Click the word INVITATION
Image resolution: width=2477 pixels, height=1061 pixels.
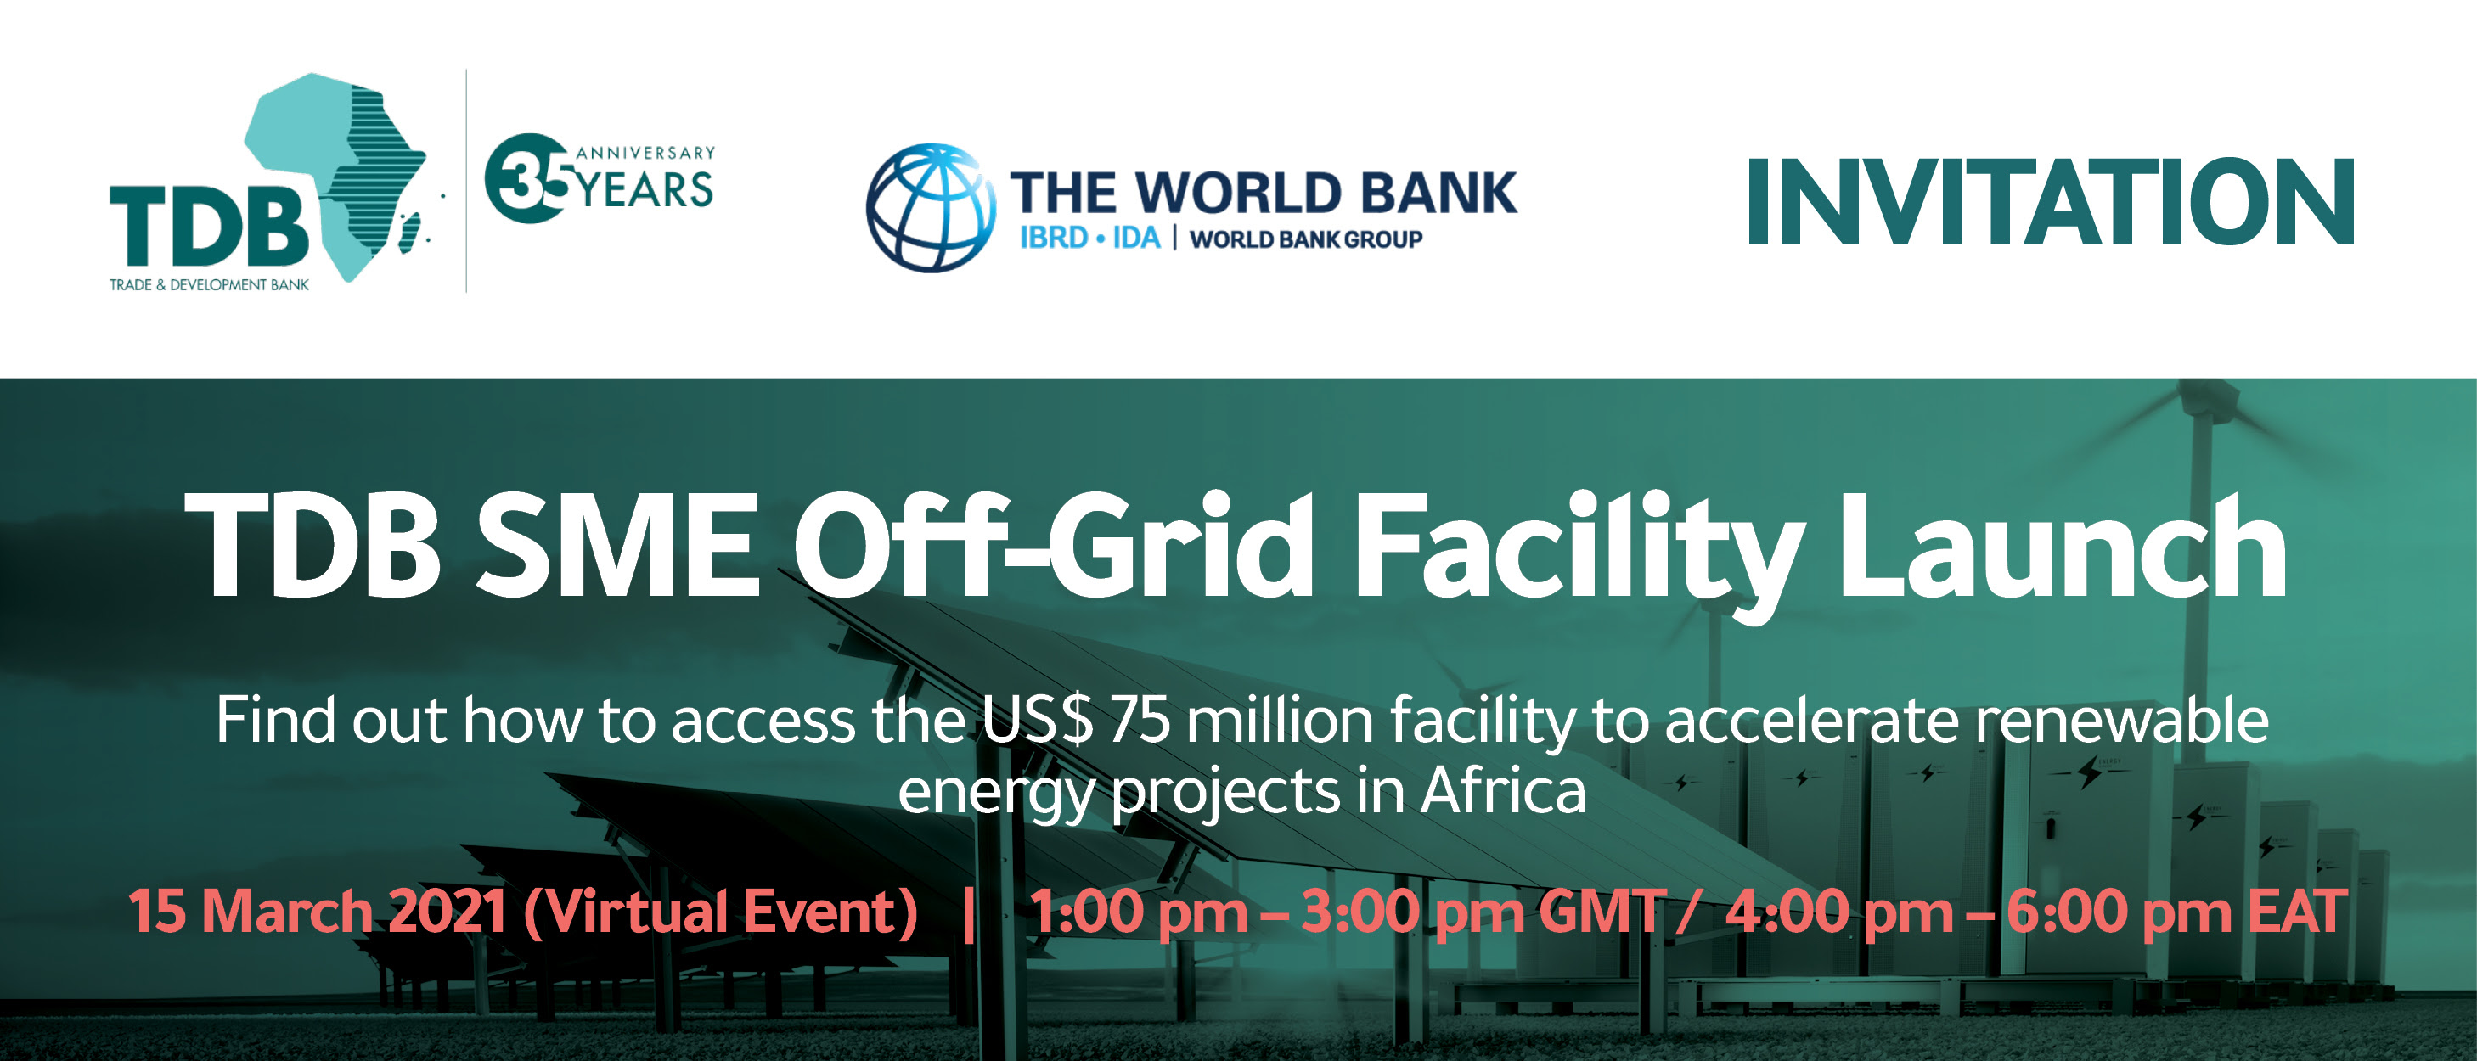click(2050, 201)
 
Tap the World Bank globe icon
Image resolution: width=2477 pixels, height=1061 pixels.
click(931, 208)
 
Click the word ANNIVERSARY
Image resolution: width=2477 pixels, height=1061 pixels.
click(645, 153)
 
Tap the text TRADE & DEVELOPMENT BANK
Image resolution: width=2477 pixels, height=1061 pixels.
click(209, 284)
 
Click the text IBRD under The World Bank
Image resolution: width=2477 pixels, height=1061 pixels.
click(1054, 238)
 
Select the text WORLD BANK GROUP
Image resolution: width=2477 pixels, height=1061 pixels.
click(1306, 239)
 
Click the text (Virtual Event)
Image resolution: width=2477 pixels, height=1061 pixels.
click(721, 912)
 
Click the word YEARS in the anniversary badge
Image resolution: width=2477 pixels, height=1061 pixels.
click(645, 189)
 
